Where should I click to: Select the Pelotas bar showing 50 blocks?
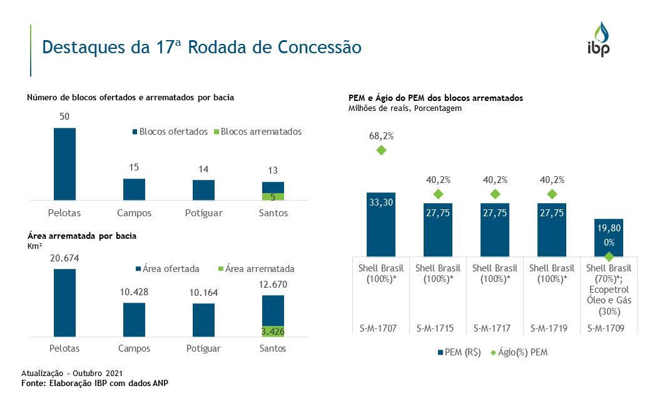coord(64,164)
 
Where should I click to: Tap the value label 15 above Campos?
coord(134,167)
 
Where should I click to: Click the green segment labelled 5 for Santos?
coord(273,196)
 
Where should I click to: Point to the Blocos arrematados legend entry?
coord(257,132)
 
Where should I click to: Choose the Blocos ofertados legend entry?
coord(170,132)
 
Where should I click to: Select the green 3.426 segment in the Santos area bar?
coord(273,331)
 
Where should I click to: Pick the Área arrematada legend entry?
coord(255,269)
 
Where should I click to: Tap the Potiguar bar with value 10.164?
coord(203,320)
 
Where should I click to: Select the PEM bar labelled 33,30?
coord(381,224)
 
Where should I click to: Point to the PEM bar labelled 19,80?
coord(609,237)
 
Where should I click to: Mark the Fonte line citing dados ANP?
coord(95,382)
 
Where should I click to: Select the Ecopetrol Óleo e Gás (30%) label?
coord(609,300)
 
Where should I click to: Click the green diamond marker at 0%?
coord(609,256)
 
